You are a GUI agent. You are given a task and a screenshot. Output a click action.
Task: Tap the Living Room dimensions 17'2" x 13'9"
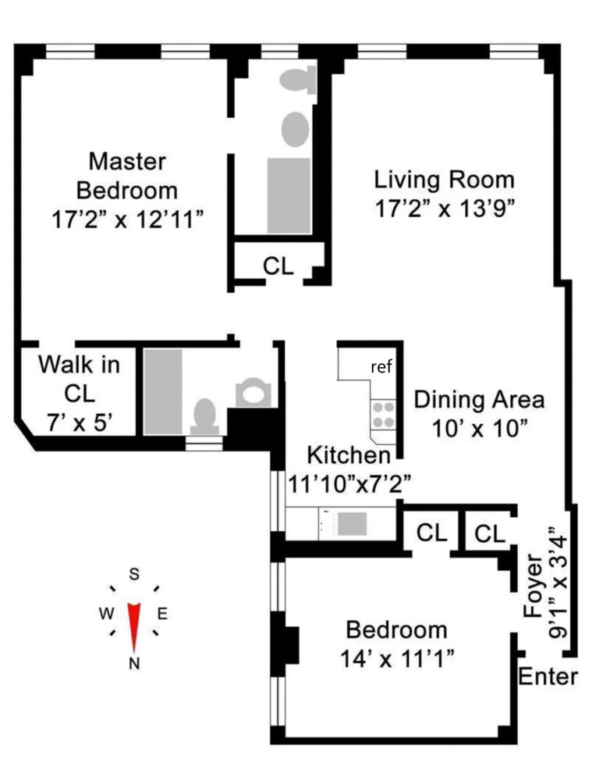[x=444, y=209]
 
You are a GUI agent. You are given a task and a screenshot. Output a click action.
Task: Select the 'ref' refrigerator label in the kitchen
[x=381, y=367]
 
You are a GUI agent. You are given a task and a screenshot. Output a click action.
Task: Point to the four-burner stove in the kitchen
[x=383, y=414]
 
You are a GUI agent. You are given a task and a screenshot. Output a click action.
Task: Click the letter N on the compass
[x=134, y=664]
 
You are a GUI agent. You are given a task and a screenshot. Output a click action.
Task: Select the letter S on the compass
[x=134, y=575]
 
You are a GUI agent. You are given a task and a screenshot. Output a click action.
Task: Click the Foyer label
[x=534, y=586]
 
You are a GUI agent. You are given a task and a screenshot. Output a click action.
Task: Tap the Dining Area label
[x=478, y=399]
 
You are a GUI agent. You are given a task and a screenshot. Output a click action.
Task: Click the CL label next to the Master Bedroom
[x=278, y=266]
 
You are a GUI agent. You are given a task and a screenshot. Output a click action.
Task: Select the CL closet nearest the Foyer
[x=490, y=533]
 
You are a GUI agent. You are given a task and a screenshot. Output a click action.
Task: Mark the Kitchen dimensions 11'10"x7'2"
[x=349, y=483]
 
